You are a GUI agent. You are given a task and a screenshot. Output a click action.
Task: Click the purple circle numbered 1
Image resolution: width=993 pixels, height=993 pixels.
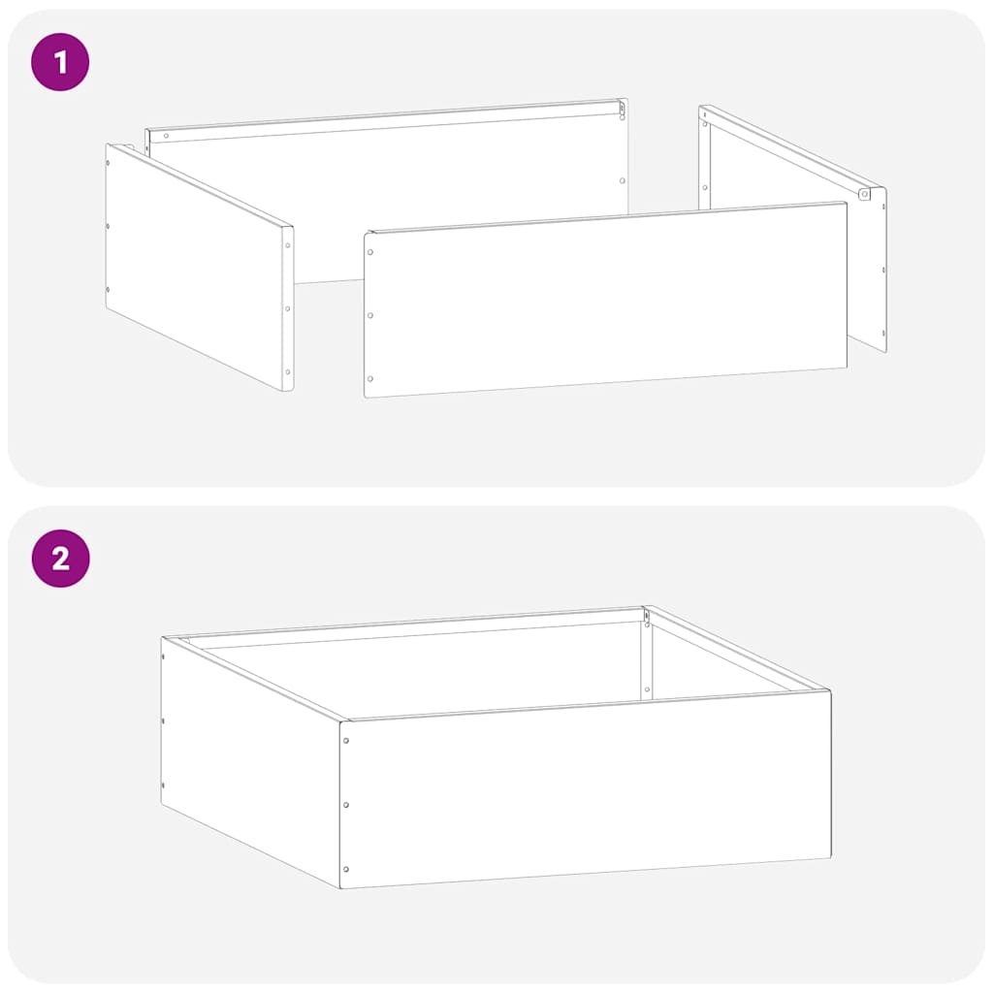60,63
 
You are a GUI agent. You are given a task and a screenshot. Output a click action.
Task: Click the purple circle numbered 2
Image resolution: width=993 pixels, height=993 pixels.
60,559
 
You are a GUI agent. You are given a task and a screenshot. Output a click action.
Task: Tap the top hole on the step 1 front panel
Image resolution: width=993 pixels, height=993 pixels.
369,251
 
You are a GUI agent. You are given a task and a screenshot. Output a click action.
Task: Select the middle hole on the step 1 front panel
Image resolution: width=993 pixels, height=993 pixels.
369,315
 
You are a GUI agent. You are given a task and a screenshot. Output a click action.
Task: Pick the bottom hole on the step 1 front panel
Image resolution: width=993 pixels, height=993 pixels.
369,379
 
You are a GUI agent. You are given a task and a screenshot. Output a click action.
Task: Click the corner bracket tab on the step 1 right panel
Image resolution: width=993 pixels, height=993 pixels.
864,194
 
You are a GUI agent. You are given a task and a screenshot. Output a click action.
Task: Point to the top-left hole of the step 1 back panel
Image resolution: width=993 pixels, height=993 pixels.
166,135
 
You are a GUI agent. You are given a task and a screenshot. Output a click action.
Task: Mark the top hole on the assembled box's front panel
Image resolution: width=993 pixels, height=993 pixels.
346,741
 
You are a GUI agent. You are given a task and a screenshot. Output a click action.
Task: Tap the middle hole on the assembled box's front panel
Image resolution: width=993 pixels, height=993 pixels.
346,805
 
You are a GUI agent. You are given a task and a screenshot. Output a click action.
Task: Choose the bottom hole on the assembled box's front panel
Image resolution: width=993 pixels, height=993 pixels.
346,869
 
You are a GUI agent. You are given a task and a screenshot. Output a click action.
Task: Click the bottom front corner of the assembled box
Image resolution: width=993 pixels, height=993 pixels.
341,887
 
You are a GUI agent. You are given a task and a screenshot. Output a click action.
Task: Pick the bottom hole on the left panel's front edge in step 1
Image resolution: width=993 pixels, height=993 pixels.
287,371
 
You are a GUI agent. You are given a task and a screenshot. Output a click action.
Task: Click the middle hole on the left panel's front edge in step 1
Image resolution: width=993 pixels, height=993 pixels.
287,309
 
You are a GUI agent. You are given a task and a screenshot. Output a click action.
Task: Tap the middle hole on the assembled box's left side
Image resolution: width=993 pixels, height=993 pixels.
163,721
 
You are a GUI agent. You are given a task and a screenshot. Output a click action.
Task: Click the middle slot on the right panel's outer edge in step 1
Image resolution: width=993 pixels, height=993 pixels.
883,270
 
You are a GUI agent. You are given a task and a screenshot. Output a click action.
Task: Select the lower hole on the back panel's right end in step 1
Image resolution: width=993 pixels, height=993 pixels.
622,180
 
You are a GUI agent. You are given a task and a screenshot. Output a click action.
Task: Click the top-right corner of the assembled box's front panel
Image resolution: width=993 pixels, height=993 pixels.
830,691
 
